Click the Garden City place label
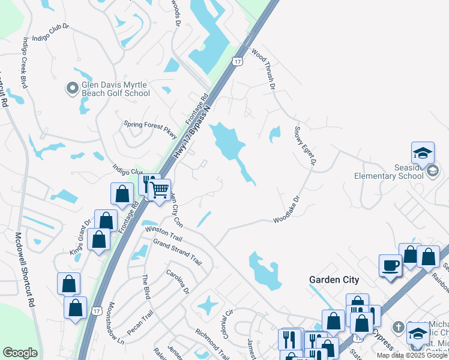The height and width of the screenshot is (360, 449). click(334, 280)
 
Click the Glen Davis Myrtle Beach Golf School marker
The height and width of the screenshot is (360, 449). click(72, 89)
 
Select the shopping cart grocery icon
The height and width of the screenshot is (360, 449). click(160, 191)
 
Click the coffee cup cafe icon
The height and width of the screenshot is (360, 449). click(390, 265)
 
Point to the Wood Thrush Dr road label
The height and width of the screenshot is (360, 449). click(262, 70)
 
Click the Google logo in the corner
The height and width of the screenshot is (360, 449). click(20, 353)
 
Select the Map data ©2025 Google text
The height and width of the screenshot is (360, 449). click(412, 355)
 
